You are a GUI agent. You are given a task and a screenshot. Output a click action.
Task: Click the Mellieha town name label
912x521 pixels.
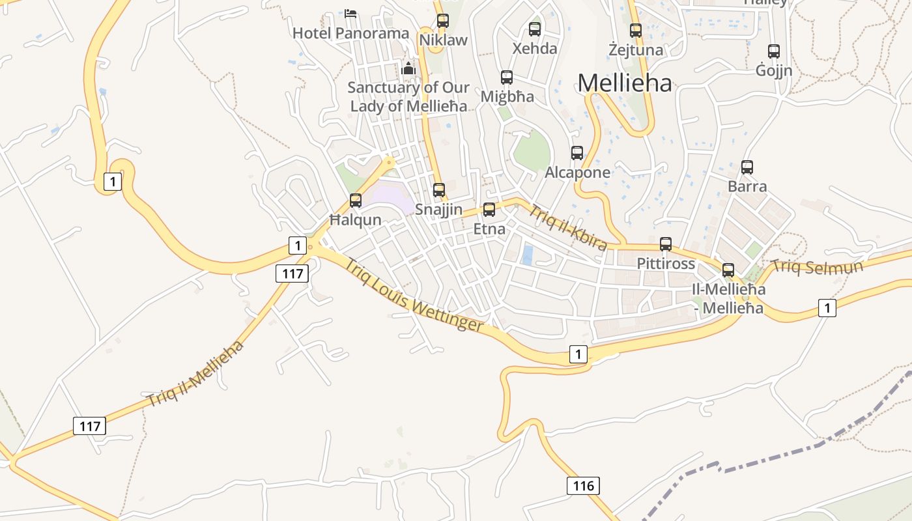(x=624, y=83)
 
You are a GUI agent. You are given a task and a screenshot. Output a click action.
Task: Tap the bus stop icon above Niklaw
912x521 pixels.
(x=443, y=20)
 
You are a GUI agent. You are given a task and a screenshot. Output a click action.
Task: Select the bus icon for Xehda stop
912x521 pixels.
(x=535, y=29)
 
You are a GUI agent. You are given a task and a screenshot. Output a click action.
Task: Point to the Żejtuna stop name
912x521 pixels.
(x=635, y=49)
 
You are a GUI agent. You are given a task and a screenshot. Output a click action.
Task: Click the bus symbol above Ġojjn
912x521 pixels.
(x=774, y=51)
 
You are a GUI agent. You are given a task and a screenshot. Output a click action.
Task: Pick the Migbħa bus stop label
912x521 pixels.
(x=507, y=96)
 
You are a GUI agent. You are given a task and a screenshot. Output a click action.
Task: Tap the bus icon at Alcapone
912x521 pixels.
(x=577, y=153)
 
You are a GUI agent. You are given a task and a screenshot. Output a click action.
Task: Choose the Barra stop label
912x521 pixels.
(x=747, y=186)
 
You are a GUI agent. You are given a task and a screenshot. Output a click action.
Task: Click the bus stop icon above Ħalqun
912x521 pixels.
(x=356, y=201)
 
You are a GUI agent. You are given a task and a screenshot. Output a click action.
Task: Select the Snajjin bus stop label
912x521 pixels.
(x=439, y=210)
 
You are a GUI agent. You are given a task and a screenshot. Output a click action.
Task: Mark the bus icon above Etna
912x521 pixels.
(x=489, y=210)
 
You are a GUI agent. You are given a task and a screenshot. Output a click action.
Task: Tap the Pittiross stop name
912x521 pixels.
(x=666, y=264)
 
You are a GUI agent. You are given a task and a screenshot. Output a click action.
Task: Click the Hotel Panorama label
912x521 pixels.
(x=350, y=33)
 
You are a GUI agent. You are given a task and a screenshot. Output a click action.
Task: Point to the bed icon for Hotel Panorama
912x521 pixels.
(x=350, y=13)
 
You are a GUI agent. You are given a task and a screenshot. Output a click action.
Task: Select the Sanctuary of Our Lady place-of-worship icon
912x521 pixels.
(x=408, y=68)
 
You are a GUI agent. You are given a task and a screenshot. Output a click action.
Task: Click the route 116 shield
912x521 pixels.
(x=583, y=485)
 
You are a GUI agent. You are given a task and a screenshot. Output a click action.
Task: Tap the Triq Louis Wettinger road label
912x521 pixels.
(x=414, y=295)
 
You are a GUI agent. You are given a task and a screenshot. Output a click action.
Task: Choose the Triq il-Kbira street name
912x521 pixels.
(x=567, y=228)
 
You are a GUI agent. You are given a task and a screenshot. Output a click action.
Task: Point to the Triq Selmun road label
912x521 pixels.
(x=817, y=266)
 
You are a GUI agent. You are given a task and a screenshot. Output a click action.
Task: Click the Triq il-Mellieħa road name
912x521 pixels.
(x=195, y=373)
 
